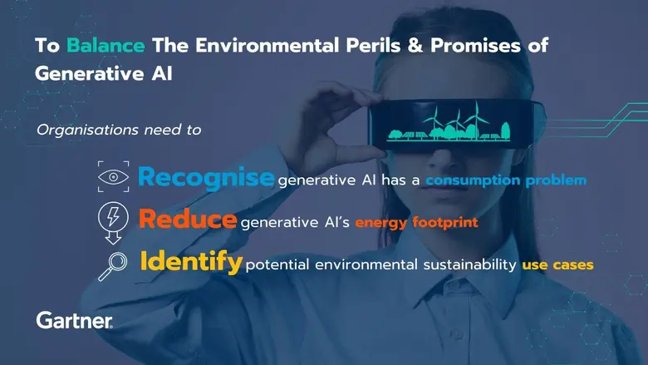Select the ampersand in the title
391,45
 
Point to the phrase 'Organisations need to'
119,130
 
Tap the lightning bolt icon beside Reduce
111,218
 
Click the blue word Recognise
206,177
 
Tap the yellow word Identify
191,263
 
